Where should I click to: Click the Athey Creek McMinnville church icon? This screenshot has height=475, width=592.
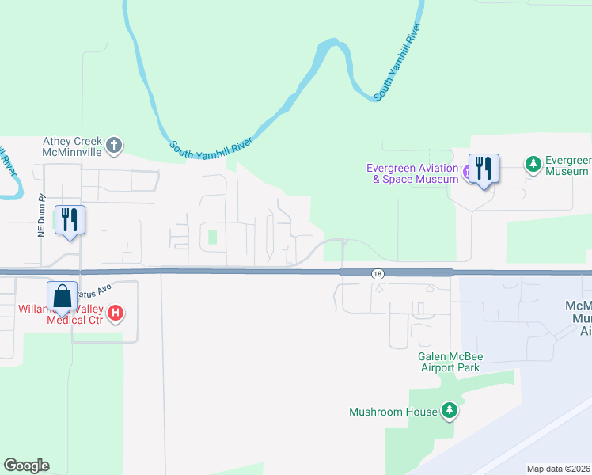115,145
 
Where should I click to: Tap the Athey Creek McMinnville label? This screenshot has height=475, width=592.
74,146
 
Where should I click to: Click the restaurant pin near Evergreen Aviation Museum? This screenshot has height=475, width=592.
484,169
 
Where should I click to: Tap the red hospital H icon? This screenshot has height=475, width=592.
116,313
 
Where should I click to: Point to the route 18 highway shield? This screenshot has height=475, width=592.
378,273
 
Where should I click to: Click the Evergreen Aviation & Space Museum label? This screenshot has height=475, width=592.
412,173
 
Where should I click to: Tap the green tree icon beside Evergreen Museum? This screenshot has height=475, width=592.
533,164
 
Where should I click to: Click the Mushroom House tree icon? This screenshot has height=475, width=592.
450,410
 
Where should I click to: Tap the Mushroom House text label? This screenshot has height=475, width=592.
393,412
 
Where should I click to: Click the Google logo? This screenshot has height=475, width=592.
26,465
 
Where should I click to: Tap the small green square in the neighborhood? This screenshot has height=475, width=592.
211,236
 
